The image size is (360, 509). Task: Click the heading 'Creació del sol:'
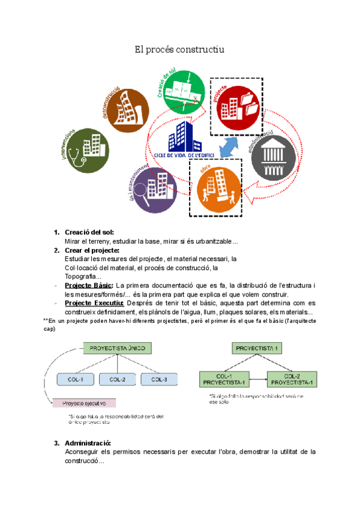tap(89, 232)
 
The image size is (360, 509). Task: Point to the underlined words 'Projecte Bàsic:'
tap(88, 285)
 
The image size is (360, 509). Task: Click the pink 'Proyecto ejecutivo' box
tap(85, 403)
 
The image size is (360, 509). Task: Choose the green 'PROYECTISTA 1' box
tap(257, 348)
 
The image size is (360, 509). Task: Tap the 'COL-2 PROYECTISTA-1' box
tap(293, 379)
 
